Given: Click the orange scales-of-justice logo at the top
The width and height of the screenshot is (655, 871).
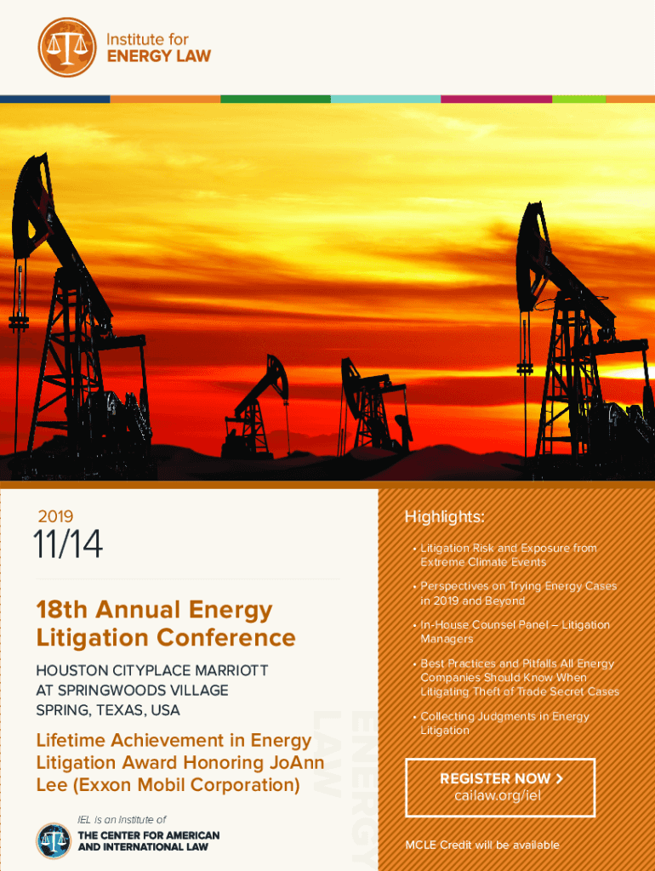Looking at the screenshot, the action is [x=67, y=48].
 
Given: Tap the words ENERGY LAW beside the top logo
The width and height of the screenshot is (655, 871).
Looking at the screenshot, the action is [x=159, y=56].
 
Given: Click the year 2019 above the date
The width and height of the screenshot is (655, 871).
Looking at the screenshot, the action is [x=55, y=516].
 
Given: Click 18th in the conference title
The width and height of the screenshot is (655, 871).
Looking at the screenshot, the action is [x=61, y=609].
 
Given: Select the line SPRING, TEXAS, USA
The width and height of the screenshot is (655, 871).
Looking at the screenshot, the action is [x=108, y=710].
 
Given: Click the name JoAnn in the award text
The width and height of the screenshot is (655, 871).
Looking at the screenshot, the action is [x=297, y=762].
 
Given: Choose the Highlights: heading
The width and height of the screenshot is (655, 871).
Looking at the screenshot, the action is [x=444, y=516].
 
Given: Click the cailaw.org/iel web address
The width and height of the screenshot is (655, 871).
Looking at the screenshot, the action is [x=498, y=795].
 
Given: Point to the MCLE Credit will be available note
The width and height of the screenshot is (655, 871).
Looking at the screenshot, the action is [x=482, y=845].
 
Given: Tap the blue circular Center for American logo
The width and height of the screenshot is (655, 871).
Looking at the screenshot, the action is [x=54, y=841].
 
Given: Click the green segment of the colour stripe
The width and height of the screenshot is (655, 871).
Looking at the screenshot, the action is [x=276, y=99].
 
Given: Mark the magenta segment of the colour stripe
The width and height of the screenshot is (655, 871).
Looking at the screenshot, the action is [x=496, y=99].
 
